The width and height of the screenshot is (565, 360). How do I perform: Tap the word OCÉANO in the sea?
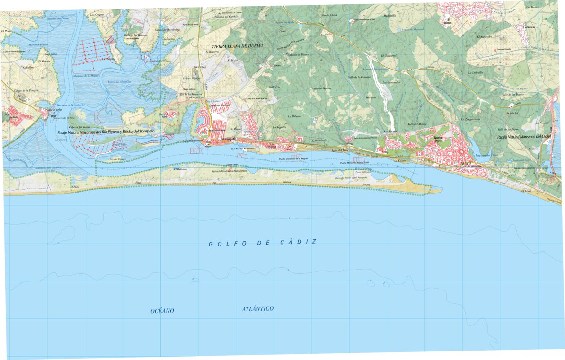click(162, 311)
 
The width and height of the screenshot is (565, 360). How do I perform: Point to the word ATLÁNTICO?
click(257, 309)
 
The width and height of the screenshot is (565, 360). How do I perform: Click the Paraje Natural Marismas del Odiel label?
click(525, 137)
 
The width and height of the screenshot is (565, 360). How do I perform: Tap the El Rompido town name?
click(228, 139)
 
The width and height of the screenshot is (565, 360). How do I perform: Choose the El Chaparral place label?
click(390, 56)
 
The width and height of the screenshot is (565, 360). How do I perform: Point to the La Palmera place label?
click(295, 116)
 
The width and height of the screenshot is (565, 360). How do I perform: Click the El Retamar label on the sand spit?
click(181, 169)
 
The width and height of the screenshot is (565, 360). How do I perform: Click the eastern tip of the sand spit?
click(440, 191)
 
